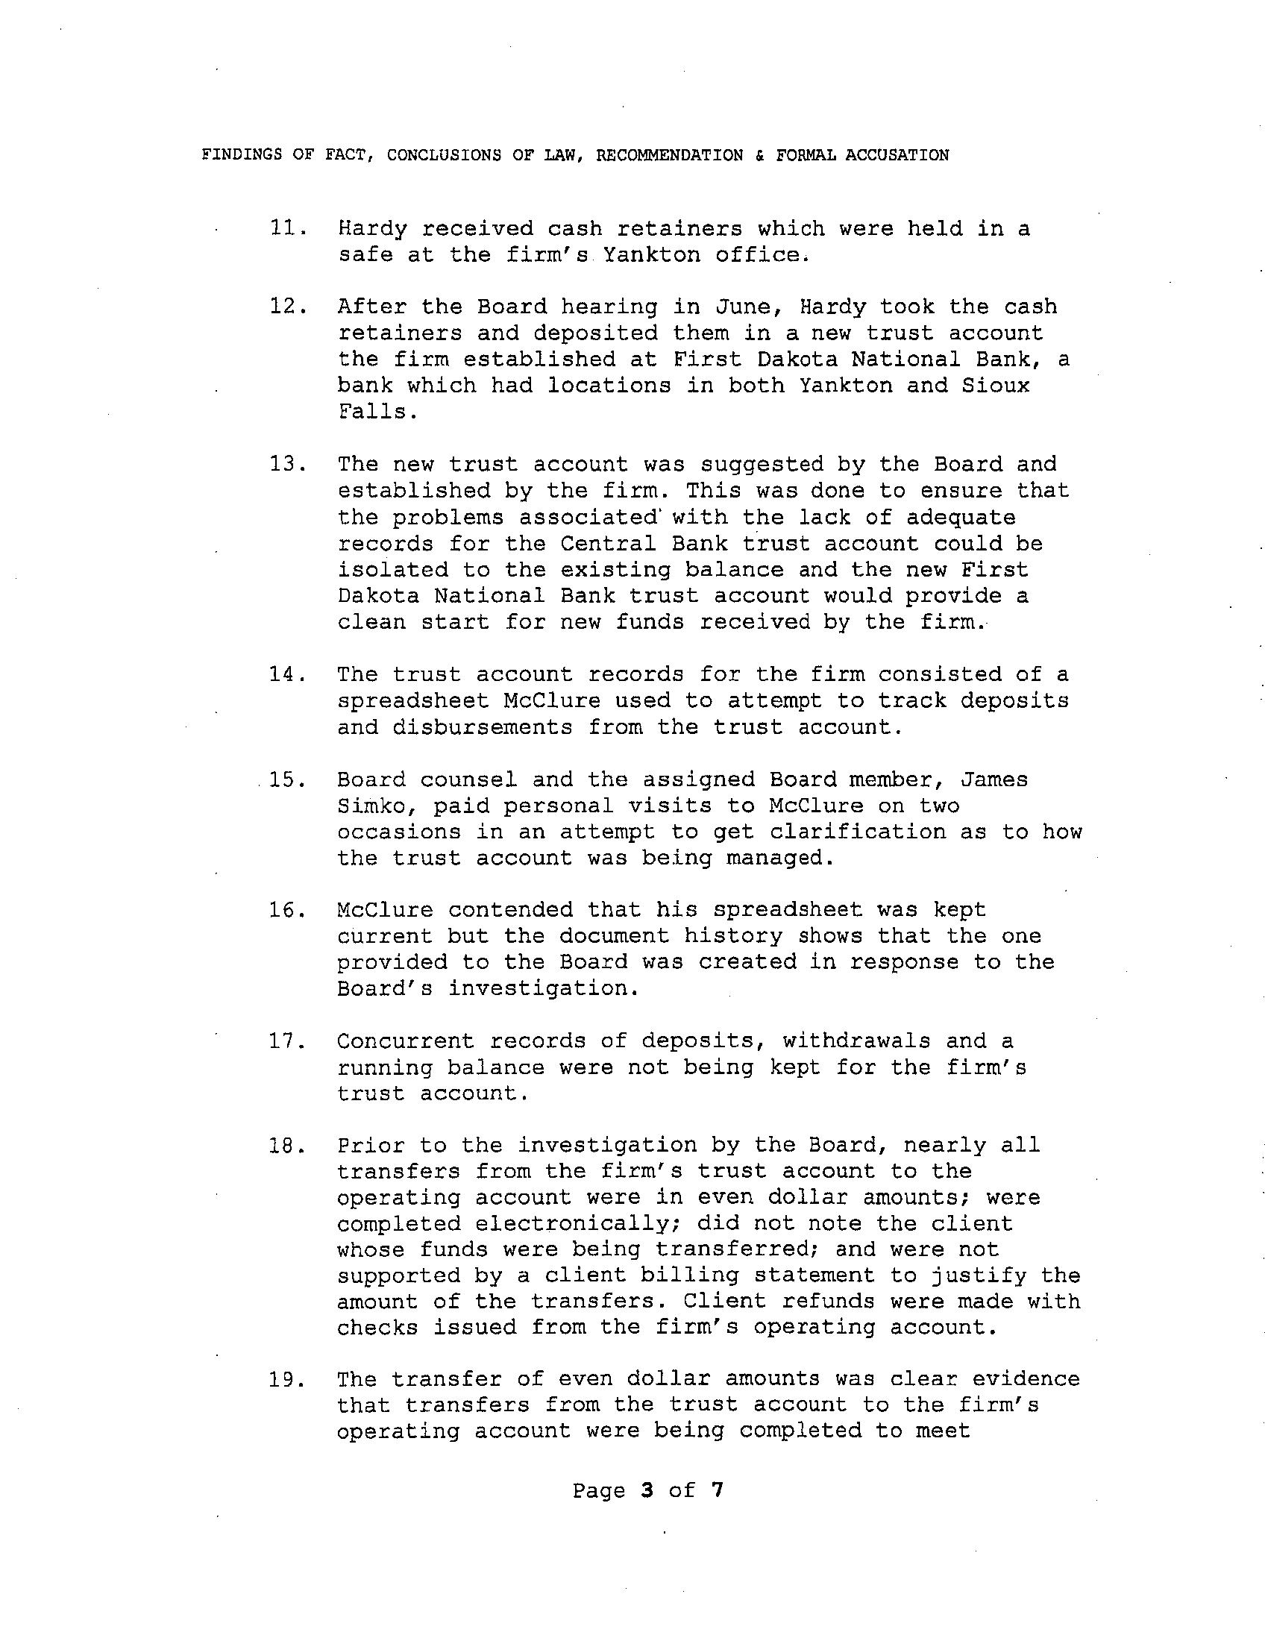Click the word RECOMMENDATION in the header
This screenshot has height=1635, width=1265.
[669, 155]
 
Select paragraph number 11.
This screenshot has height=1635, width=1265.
[286, 228]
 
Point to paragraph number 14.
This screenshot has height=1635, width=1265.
[286, 674]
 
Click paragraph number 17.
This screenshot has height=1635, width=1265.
[286, 1041]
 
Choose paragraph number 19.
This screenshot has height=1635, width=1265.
[286, 1379]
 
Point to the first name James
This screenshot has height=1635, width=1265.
[994, 780]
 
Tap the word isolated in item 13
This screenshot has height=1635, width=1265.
[392, 570]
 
